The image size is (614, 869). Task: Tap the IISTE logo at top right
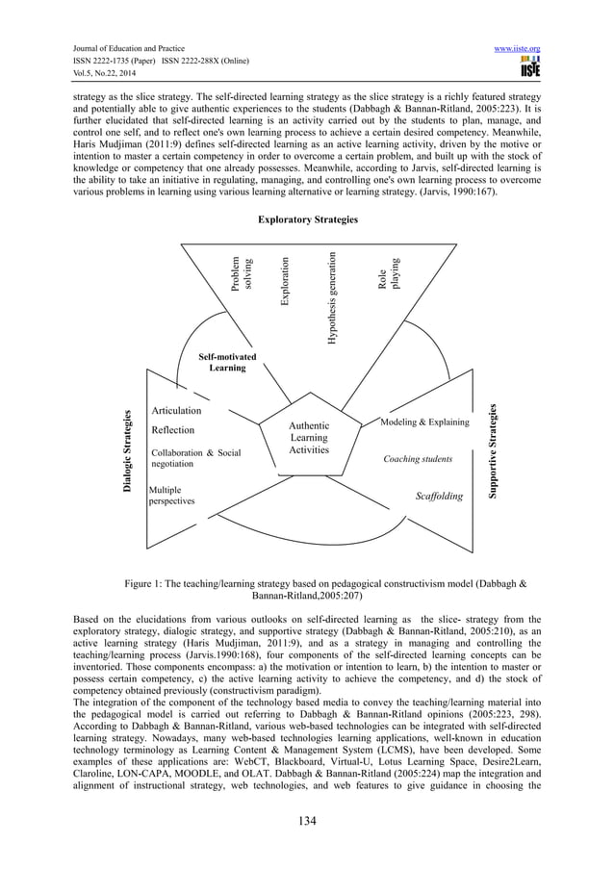coord(529,66)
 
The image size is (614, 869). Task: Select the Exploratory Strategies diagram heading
coord(307,220)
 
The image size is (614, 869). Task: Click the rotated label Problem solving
coord(241,272)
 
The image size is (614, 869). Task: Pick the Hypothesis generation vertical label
coord(331,297)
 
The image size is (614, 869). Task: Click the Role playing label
coord(387,272)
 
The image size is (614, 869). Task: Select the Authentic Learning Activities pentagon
coord(309,438)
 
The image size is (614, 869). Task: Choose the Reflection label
coord(173,430)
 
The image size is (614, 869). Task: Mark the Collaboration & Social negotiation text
coord(195,457)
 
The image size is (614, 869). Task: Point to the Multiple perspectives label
coord(172,495)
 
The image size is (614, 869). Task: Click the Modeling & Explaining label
coord(424,422)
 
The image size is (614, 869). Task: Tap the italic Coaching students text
coord(419,459)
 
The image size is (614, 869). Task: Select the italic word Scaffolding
coord(439,497)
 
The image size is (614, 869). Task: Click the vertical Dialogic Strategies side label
coord(127,452)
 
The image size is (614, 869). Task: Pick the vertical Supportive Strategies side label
coord(492,449)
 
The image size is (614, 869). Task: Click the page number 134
coord(307,820)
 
